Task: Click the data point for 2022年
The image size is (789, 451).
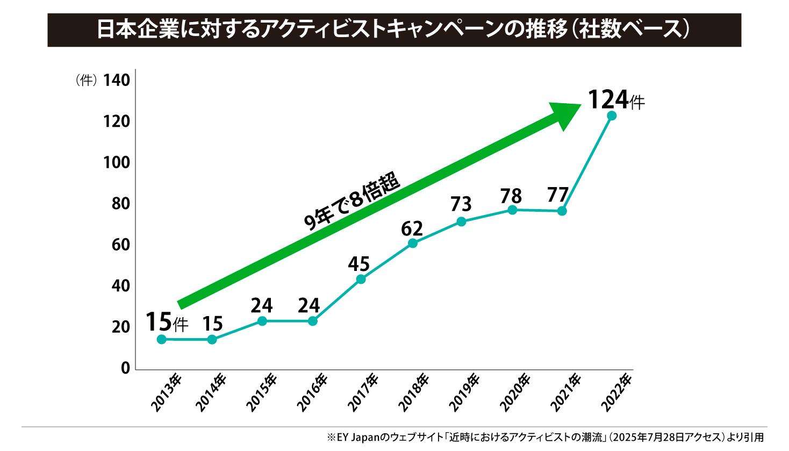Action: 611,116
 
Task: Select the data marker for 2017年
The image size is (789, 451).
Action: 361,279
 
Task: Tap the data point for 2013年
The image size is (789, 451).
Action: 162,339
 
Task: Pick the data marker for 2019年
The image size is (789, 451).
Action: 461,221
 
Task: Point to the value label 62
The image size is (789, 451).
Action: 412,229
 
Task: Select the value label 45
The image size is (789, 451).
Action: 359,264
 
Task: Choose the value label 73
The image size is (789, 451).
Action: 461,205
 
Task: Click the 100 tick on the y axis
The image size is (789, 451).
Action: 117,163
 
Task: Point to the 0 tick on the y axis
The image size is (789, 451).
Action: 125,369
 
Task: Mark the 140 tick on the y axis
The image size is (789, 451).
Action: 117,81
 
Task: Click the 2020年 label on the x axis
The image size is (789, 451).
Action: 515,392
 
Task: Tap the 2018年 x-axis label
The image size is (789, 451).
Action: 415,392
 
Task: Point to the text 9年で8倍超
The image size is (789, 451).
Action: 353,204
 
